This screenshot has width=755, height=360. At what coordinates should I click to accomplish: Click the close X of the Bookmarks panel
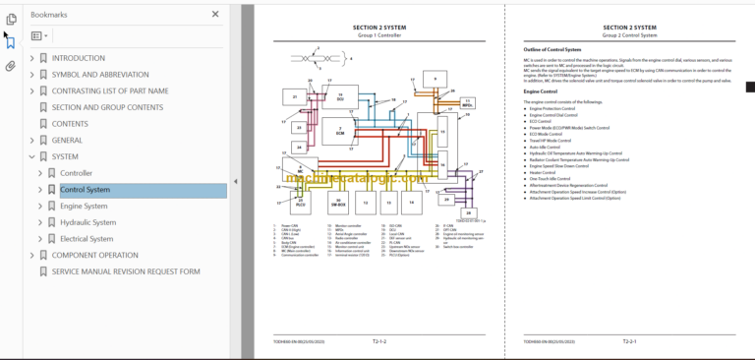[215, 15]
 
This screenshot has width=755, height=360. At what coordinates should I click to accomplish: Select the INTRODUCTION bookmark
[78, 58]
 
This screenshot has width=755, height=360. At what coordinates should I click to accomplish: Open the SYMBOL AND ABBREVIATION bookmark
[101, 75]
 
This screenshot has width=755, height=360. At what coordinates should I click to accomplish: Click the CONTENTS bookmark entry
[70, 124]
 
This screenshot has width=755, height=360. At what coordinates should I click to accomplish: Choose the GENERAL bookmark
[67, 141]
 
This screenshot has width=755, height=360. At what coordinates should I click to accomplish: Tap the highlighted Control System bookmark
[85, 190]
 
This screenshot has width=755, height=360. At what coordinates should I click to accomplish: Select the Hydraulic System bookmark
[87, 222]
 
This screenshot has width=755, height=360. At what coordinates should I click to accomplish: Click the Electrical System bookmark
[87, 239]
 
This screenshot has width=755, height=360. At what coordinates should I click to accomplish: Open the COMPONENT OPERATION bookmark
[95, 255]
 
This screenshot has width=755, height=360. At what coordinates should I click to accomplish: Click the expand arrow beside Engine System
[40, 207]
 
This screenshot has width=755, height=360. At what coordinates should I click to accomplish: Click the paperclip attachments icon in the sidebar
[10, 66]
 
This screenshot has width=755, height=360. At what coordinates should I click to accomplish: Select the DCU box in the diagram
[339, 96]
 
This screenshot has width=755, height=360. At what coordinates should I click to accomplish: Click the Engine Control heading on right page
[542, 91]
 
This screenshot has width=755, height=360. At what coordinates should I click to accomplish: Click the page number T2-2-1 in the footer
[628, 340]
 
